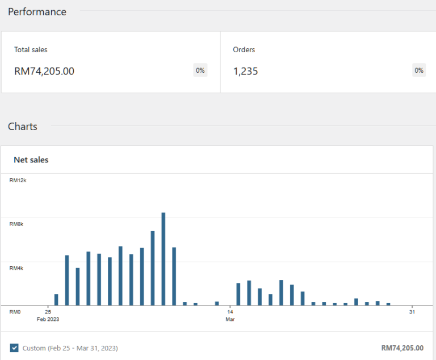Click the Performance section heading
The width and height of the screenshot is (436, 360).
coord(37,12)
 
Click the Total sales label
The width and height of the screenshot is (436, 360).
coord(31,50)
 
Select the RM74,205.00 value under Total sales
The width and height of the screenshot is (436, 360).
coord(44,71)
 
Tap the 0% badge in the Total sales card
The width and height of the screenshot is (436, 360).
coord(200,70)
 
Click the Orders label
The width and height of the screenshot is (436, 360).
coord(244,50)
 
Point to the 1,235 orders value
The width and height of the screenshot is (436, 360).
coord(245,71)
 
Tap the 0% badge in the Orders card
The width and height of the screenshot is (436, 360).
coord(419,70)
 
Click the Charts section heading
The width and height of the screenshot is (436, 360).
coord(23,127)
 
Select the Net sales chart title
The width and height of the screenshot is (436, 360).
coord(31,160)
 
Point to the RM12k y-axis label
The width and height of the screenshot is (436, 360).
coord(18,181)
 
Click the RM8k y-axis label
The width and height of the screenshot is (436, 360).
coord(16,224)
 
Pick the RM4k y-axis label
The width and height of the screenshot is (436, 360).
coord(16,268)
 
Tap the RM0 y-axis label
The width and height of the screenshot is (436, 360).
coord(15,312)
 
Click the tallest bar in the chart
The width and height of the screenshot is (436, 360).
coord(163,258)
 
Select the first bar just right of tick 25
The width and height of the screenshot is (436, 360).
coord(56,299)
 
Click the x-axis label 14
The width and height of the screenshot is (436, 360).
coord(230,312)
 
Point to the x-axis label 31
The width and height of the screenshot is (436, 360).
coord(412,312)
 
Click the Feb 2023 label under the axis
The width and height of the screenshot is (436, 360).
coord(48,319)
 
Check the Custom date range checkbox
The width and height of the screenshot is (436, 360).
coord(14,348)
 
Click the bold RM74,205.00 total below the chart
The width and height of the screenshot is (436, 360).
coord(403,348)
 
